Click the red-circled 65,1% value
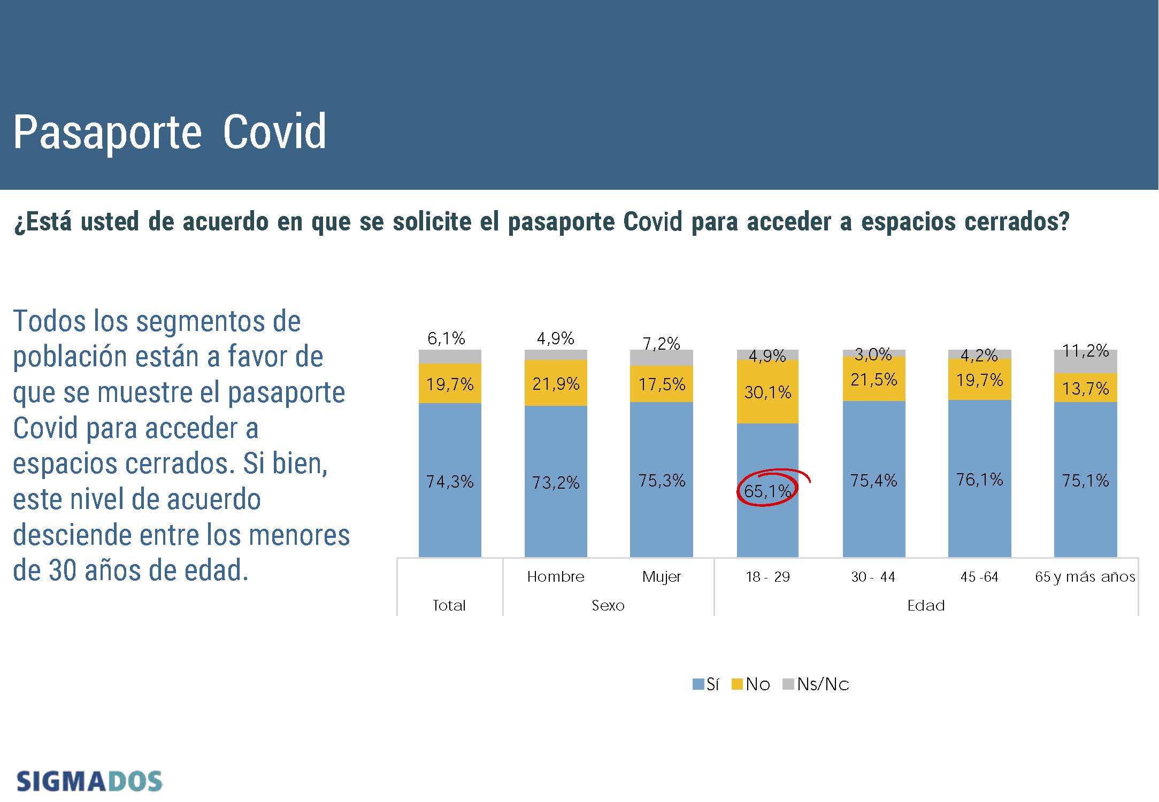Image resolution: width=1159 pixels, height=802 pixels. tap(767, 490)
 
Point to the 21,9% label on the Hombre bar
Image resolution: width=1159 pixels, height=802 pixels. tap(556, 384)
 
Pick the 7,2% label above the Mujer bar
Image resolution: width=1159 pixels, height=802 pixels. tap(661, 343)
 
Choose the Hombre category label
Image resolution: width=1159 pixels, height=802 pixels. tap(556, 576)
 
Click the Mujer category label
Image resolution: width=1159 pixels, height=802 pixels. tap(662, 576)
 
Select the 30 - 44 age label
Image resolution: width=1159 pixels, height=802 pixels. tap(873, 577)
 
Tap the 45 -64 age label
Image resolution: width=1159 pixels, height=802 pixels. tap(979, 577)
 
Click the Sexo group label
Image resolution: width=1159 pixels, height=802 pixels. tap(608, 605)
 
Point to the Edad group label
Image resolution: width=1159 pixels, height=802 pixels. tap(926, 605)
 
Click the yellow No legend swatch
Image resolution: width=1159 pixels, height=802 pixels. tap(737, 684)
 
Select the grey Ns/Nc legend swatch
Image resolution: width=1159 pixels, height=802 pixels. tap(788, 684)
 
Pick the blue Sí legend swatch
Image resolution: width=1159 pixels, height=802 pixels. tap(698, 684)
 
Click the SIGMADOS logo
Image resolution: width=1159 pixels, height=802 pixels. tap(89, 781)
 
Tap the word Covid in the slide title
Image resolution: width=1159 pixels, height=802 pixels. tap(274, 132)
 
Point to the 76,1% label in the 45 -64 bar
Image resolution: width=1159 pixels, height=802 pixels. tap(979, 480)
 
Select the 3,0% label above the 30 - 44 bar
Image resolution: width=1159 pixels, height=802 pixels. tap(873, 354)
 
